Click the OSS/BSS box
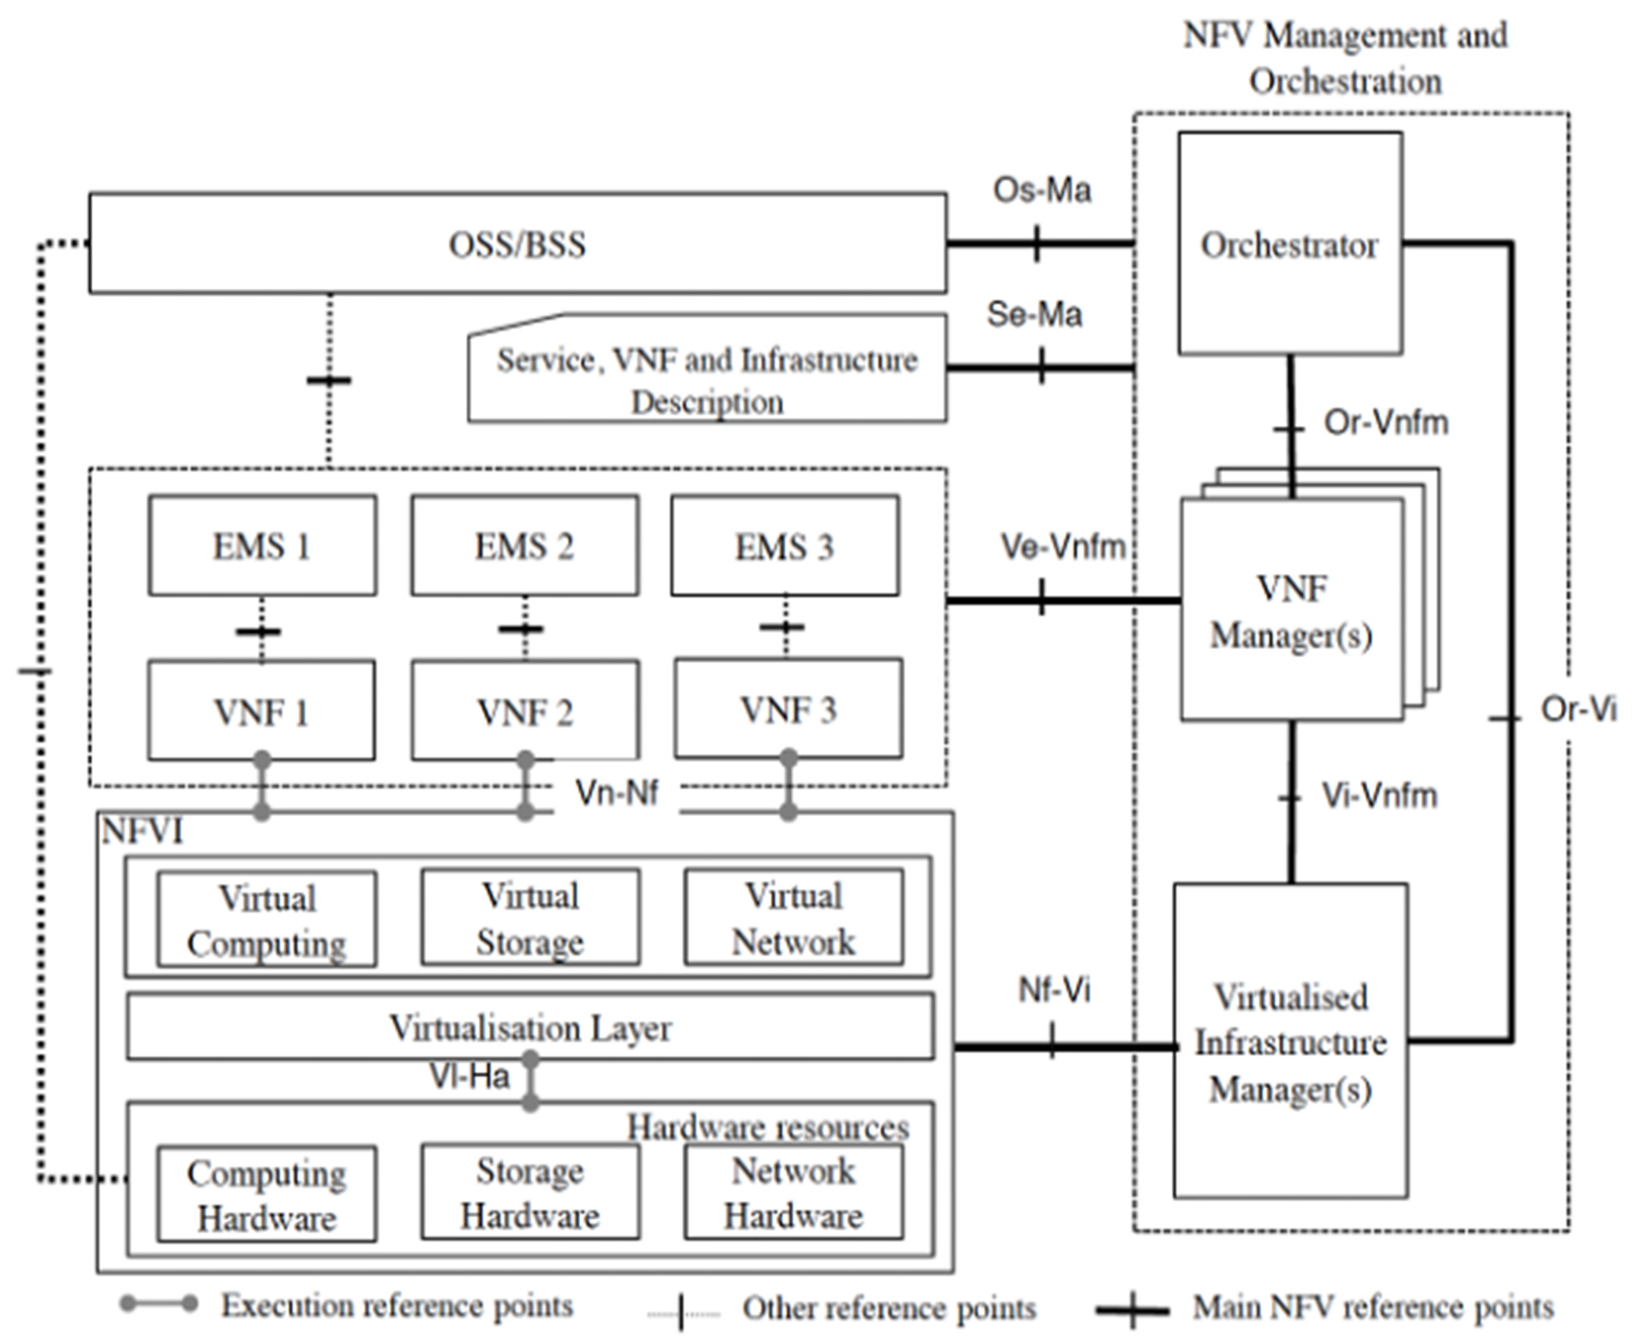tap(517, 244)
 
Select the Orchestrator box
tap(1289, 244)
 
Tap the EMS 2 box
tap(524, 546)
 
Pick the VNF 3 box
tap(788, 709)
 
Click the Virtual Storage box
tap(530, 918)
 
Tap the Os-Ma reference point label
tap(1042, 190)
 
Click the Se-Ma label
tap(1034, 315)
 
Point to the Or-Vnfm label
tap(1385, 423)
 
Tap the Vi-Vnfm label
tap(1379, 796)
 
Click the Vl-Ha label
tap(470, 1076)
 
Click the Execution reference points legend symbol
tap(159, 1305)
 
